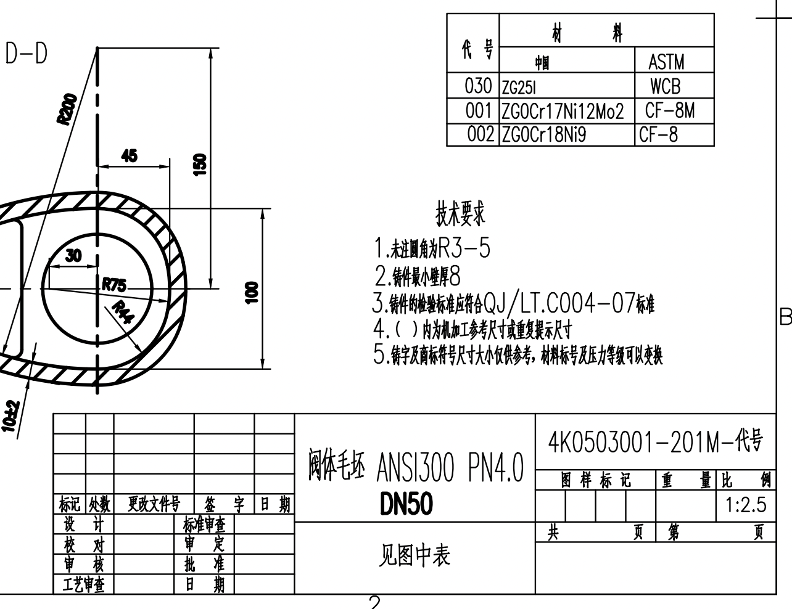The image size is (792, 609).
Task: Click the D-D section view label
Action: tap(27, 54)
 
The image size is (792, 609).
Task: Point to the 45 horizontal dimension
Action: tap(130, 156)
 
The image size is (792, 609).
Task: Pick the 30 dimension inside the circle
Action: tap(73, 256)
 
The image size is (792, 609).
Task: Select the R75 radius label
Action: tap(114, 285)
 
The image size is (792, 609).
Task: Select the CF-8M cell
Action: tap(669, 111)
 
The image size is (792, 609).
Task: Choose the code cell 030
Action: tap(478, 86)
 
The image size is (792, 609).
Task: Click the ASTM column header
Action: tap(666, 62)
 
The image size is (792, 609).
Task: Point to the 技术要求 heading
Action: tap(460, 214)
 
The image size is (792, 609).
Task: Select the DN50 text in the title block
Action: tap(406, 505)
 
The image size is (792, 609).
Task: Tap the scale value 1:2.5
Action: tap(746, 505)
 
